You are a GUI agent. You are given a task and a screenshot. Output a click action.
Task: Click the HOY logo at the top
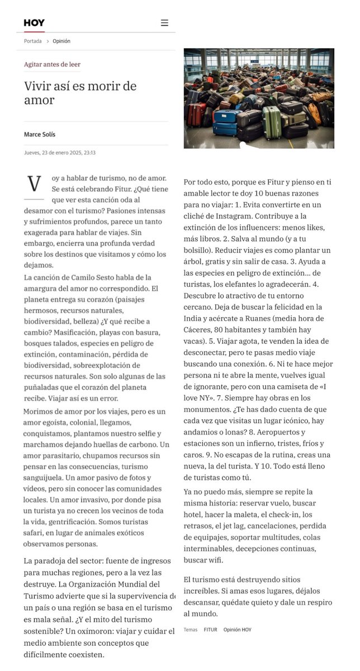[34, 23]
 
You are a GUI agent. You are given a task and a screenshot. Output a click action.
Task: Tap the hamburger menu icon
[164, 23]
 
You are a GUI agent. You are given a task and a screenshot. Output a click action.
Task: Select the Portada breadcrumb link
[32, 41]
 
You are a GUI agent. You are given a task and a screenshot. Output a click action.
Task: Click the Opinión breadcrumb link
[61, 41]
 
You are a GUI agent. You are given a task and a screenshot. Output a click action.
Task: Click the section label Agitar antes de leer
[52, 64]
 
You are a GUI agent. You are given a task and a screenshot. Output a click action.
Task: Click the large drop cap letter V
[34, 183]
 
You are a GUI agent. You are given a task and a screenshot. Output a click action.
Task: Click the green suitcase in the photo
[272, 122]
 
